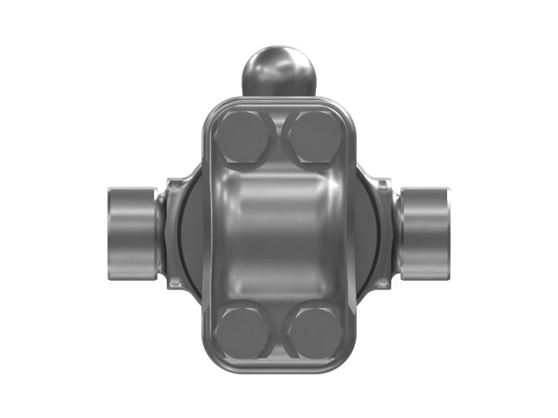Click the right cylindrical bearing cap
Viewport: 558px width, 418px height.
[425, 231]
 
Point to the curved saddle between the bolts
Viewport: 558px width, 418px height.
[278, 233]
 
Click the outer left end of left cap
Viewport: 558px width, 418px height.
[108, 231]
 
